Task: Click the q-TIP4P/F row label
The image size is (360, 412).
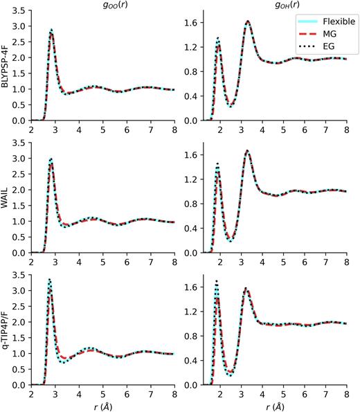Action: pyautogui.click(x=7, y=331)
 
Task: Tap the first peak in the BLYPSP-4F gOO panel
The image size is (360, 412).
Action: pyautogui.click(x=51, y=31)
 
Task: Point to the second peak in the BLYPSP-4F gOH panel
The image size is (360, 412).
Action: pyautogui.click(x=248, y=22)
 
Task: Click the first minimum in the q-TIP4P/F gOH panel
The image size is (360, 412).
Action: pyautogui.click(x=230, y=374)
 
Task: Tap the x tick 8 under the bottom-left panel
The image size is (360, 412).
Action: pyautogui.click(x=173, y=392)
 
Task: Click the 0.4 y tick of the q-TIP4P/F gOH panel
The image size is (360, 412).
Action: pyautogui.click(x=195, y=360)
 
